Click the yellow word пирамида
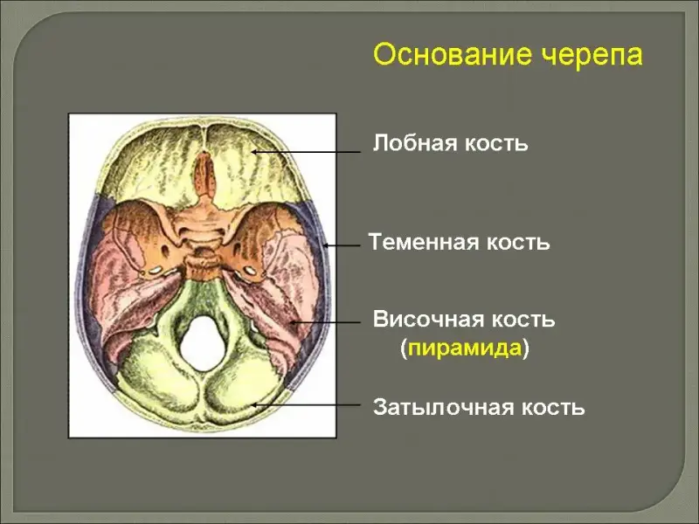point(464,348)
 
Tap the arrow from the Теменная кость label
point(342,245)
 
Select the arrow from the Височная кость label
point(324,321)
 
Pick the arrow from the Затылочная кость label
point(306,405)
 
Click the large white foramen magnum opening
point(203,343)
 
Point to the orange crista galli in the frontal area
point(204,174)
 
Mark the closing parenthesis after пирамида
point(526,348)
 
